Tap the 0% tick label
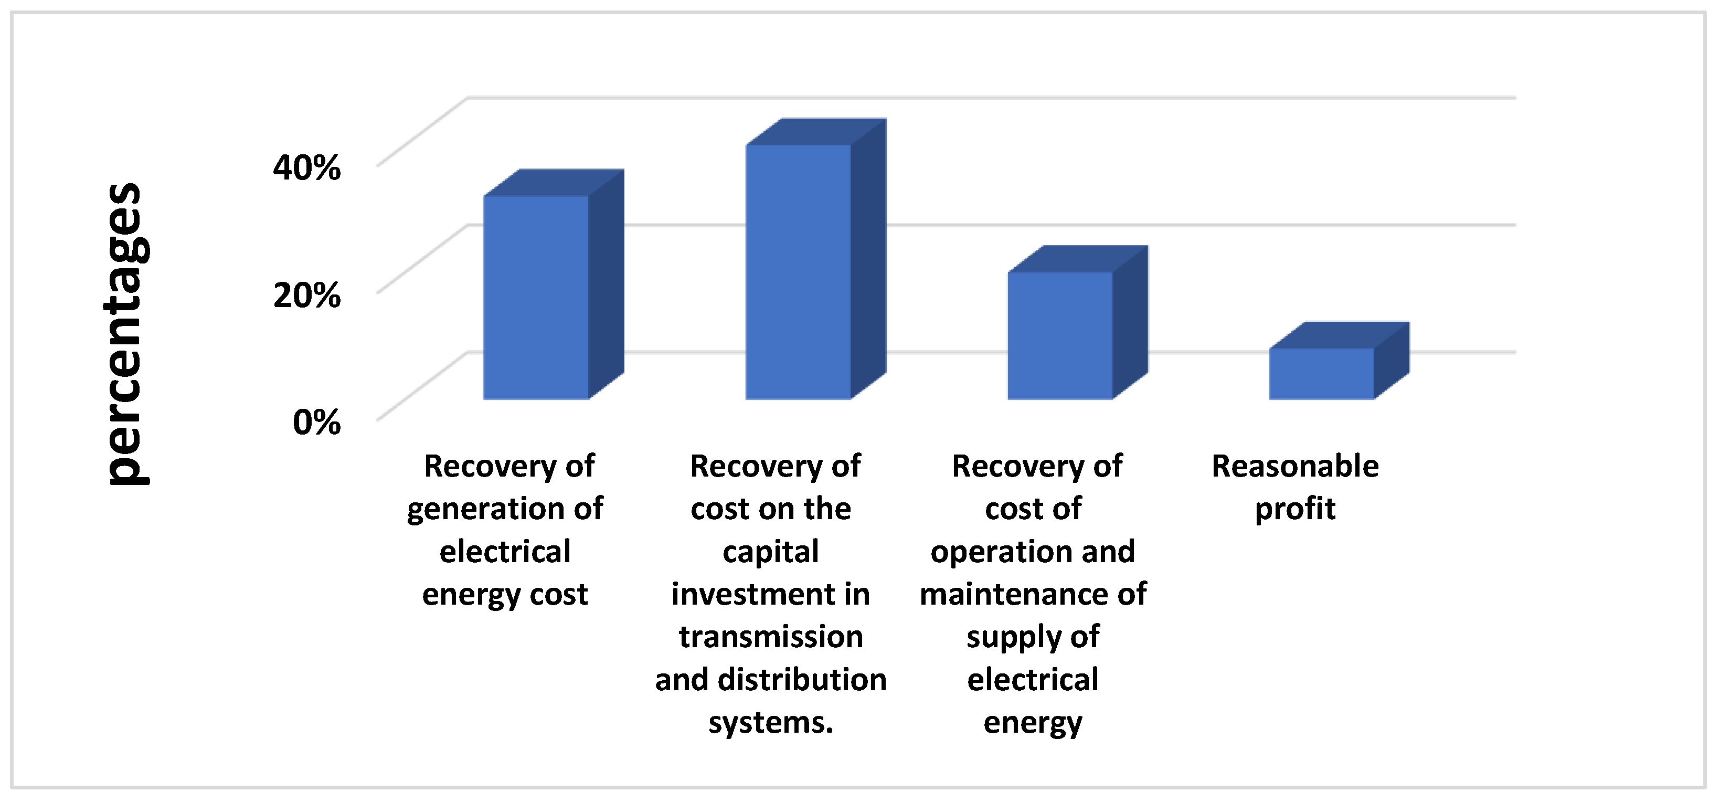[x=316, y=423]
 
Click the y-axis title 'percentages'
[x=126, y=334]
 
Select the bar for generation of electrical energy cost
[x=536, y=298]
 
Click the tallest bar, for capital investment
[x=798, y=272]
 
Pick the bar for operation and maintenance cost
[x=1059, y=336]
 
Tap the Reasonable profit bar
[x=1321, y=374]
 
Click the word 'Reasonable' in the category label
[x=1294, y=466]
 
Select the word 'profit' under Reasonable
[x=1294, y=509]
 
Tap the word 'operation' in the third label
[x=995, y=552]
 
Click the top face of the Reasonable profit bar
[x=1339, y=335]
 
